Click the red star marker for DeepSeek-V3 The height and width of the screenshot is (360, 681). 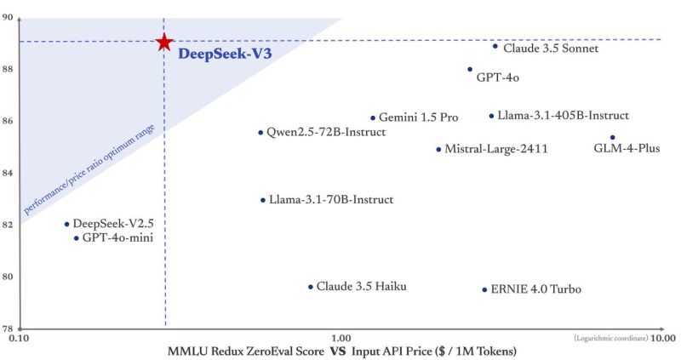pos(164,42)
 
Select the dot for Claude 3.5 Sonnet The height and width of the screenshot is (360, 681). pos(495,46)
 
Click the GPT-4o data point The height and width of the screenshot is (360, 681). pos(470,70)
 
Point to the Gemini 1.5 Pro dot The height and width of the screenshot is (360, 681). pos(373,117)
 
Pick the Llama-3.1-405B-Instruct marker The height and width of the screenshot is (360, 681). pos(491,116)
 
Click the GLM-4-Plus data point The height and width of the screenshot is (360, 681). pos(612,137)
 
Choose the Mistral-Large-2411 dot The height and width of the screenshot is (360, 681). pos(438,149)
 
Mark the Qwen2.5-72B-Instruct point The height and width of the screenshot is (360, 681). pos(260,133)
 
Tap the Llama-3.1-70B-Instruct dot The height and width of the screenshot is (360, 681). pos(263,200)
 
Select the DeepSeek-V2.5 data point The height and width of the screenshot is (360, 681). pos(66,224)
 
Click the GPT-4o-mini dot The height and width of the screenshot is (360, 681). pos(76,238)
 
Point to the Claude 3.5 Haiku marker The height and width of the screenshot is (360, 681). pos(311,287)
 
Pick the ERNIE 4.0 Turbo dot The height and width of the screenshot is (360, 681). pos(485,289)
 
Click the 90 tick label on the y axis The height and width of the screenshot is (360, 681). pos(9,18)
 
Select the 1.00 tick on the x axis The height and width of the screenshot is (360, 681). pos(340,338)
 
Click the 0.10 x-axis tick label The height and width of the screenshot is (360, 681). pos(19,338)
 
